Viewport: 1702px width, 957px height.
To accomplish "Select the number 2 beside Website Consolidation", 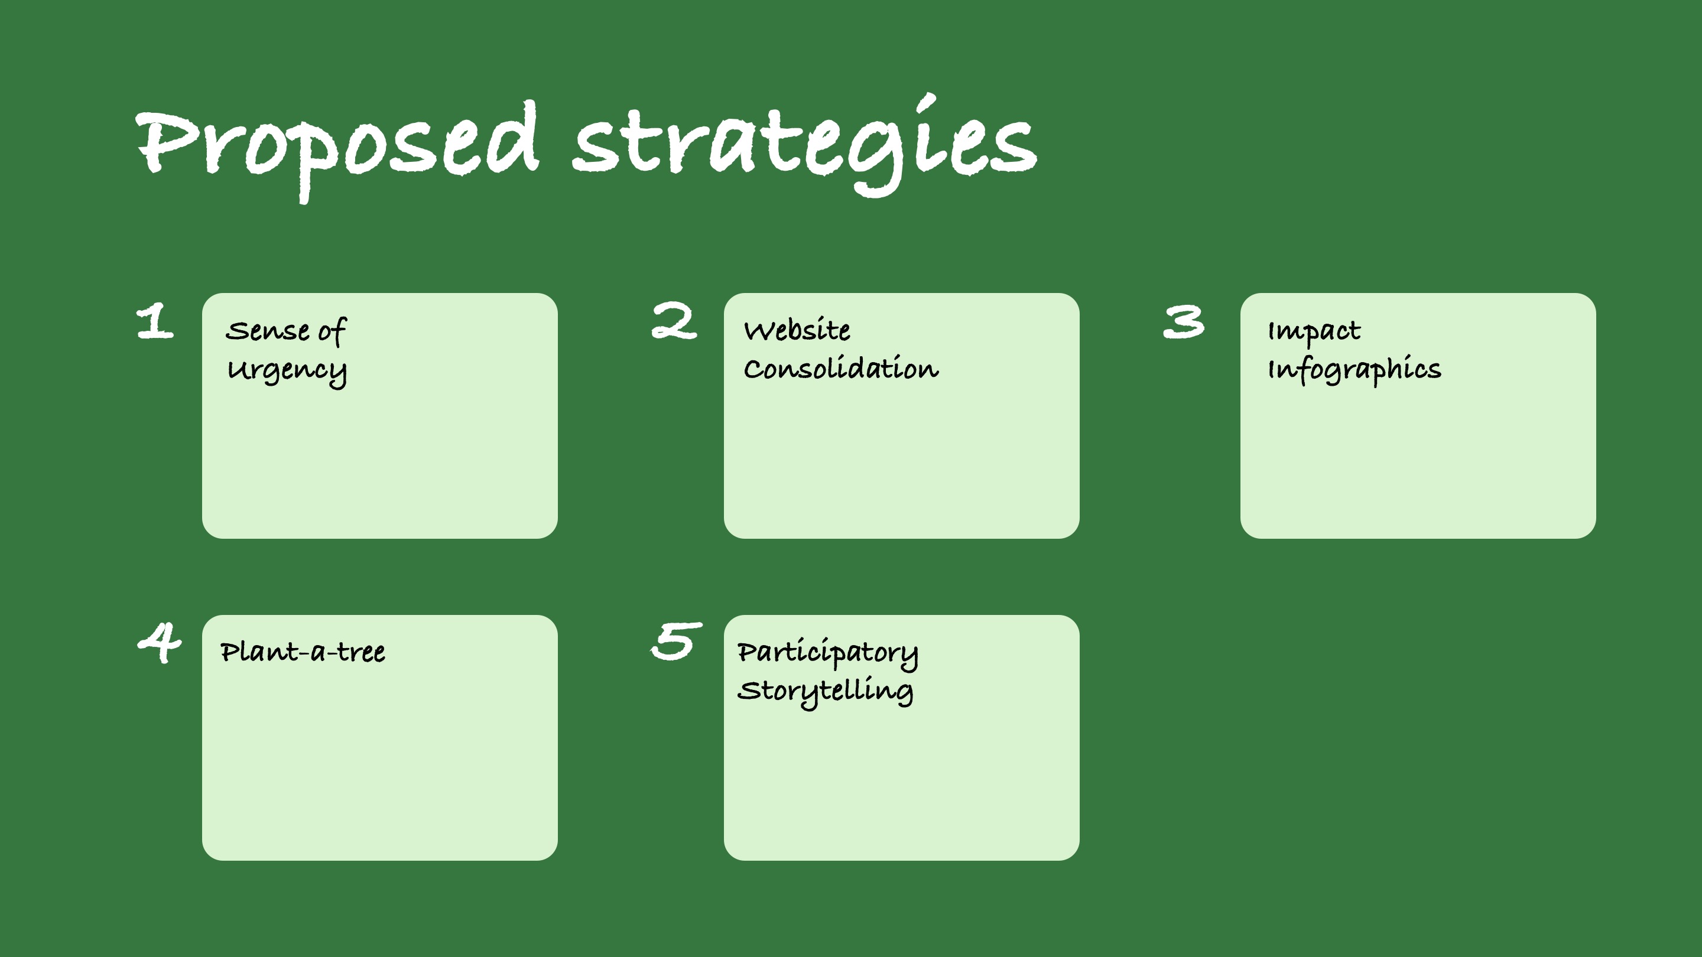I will [673, 321].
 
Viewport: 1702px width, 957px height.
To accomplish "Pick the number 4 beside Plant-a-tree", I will [159, 643].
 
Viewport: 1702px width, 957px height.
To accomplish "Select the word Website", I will [797, 330].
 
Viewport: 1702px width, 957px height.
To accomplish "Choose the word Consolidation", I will [840, 369].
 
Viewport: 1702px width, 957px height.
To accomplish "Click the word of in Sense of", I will [332, 331].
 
